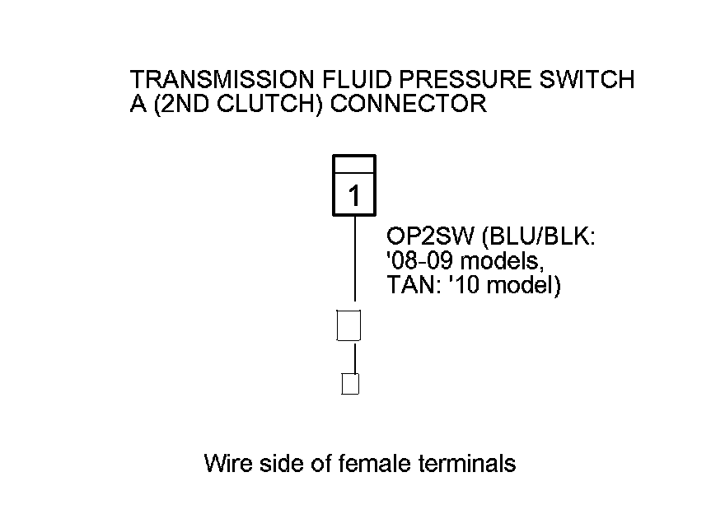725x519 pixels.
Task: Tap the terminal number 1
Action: [x=354, y=198]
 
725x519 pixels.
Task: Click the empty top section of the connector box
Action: [x=354, y=165]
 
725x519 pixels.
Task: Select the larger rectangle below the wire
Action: [x=350, y=325]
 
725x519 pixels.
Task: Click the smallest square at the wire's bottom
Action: [x=351, y=384]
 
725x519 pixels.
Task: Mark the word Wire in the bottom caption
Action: [x=228, y=464]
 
